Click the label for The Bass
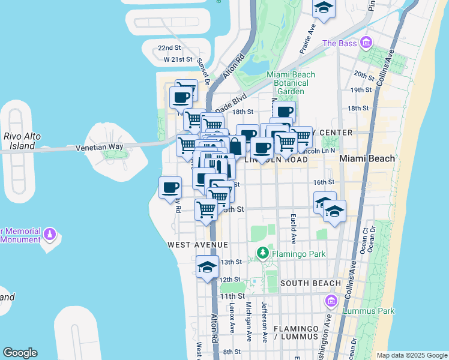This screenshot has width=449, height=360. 340,43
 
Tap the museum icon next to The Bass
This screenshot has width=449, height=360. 366,43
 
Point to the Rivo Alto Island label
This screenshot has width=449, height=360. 22,141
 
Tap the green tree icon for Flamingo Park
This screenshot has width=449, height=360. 262,254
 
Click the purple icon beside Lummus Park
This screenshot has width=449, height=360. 330,300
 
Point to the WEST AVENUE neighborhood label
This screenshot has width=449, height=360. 197,245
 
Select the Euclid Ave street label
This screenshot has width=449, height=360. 294,230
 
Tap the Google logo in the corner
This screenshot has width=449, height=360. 20,352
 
